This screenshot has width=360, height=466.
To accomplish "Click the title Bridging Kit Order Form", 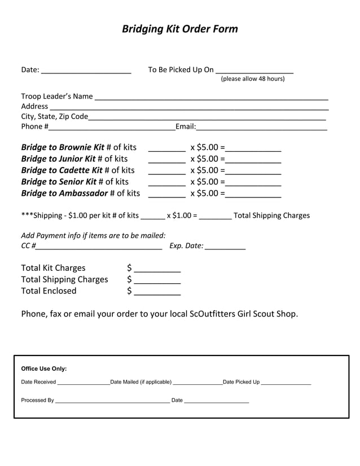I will point(180,29).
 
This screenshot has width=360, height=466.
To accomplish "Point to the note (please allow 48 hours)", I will point(252,79).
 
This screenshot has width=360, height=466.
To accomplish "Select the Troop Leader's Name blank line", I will point(211,98).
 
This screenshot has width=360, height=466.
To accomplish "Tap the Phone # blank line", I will point(112,129).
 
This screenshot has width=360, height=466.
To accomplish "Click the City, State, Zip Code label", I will point(55,117).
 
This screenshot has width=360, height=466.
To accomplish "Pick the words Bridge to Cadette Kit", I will point(62,170).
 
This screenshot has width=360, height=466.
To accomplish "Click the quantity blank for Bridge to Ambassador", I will point(166,195).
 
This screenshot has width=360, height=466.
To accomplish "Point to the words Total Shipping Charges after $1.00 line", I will point(271,216).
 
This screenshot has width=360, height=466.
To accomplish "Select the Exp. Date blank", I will point(225,248).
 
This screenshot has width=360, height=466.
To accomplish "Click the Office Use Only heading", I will point(44,369).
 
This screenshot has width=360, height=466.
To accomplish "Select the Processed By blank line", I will point(112,402).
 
